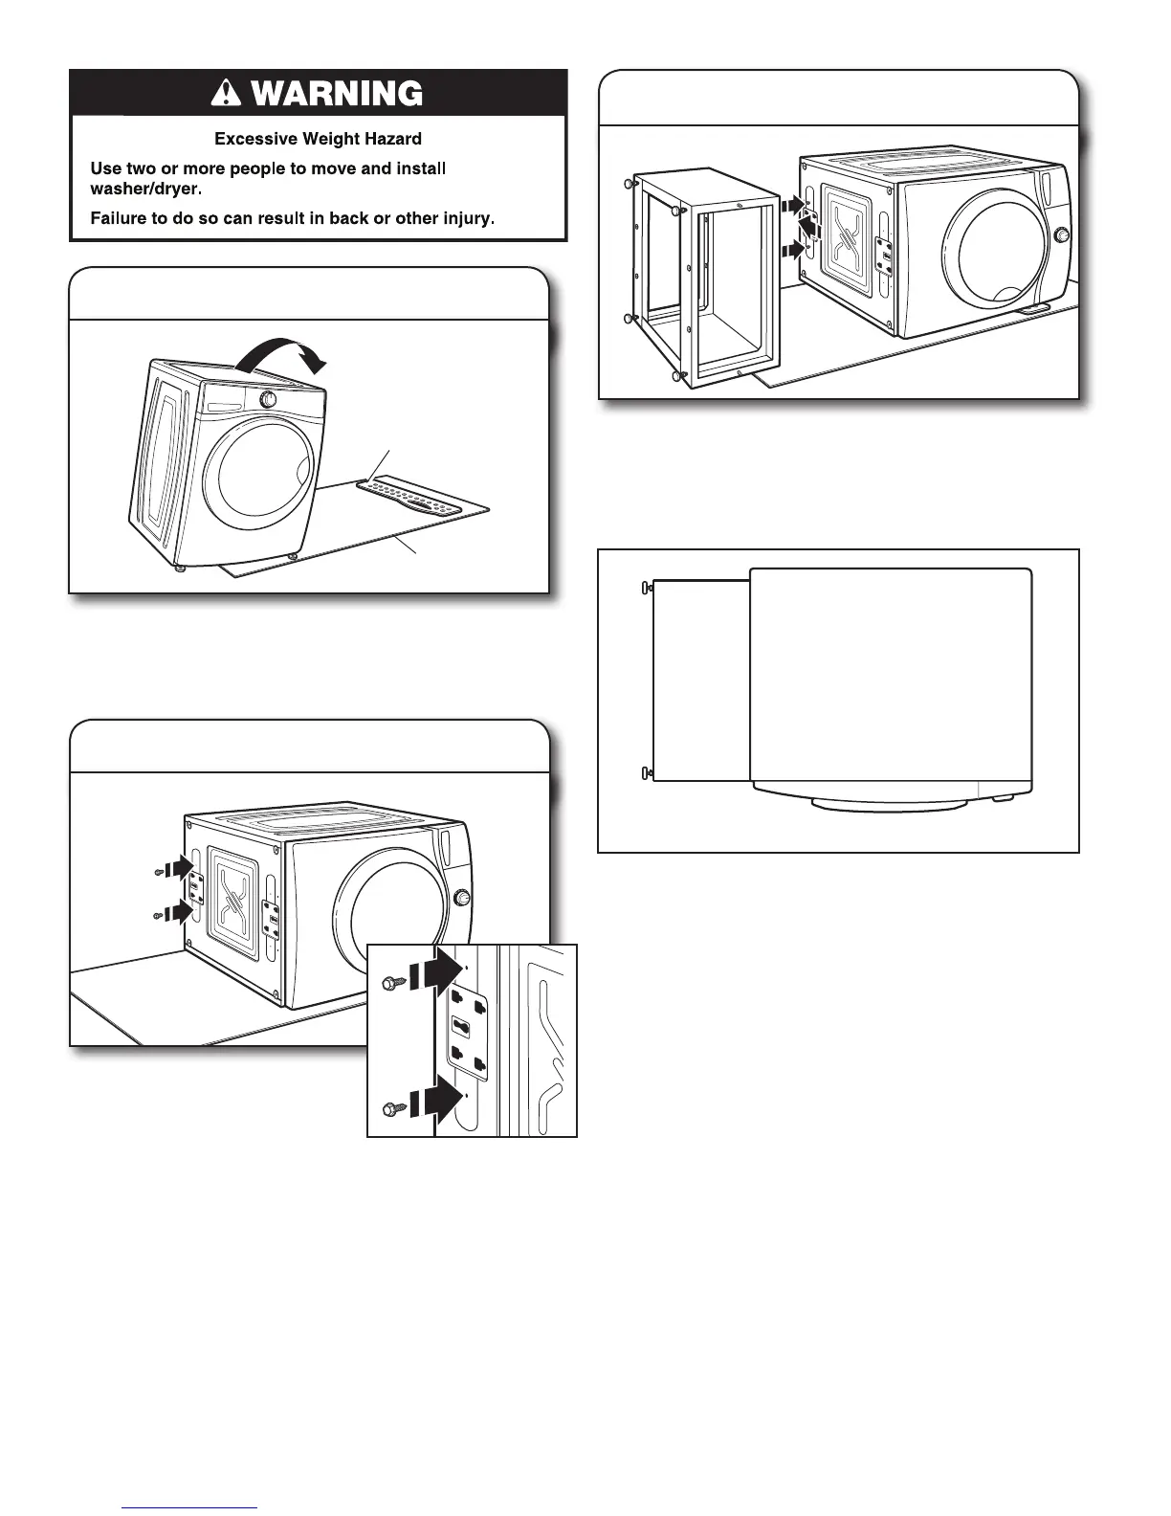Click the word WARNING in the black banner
[332, 94]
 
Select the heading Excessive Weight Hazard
[318, 139]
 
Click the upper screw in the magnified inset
[392, 982]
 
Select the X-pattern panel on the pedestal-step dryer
[848, 239]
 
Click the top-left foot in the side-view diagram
[646, 589]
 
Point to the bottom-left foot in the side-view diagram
[646, 771]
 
